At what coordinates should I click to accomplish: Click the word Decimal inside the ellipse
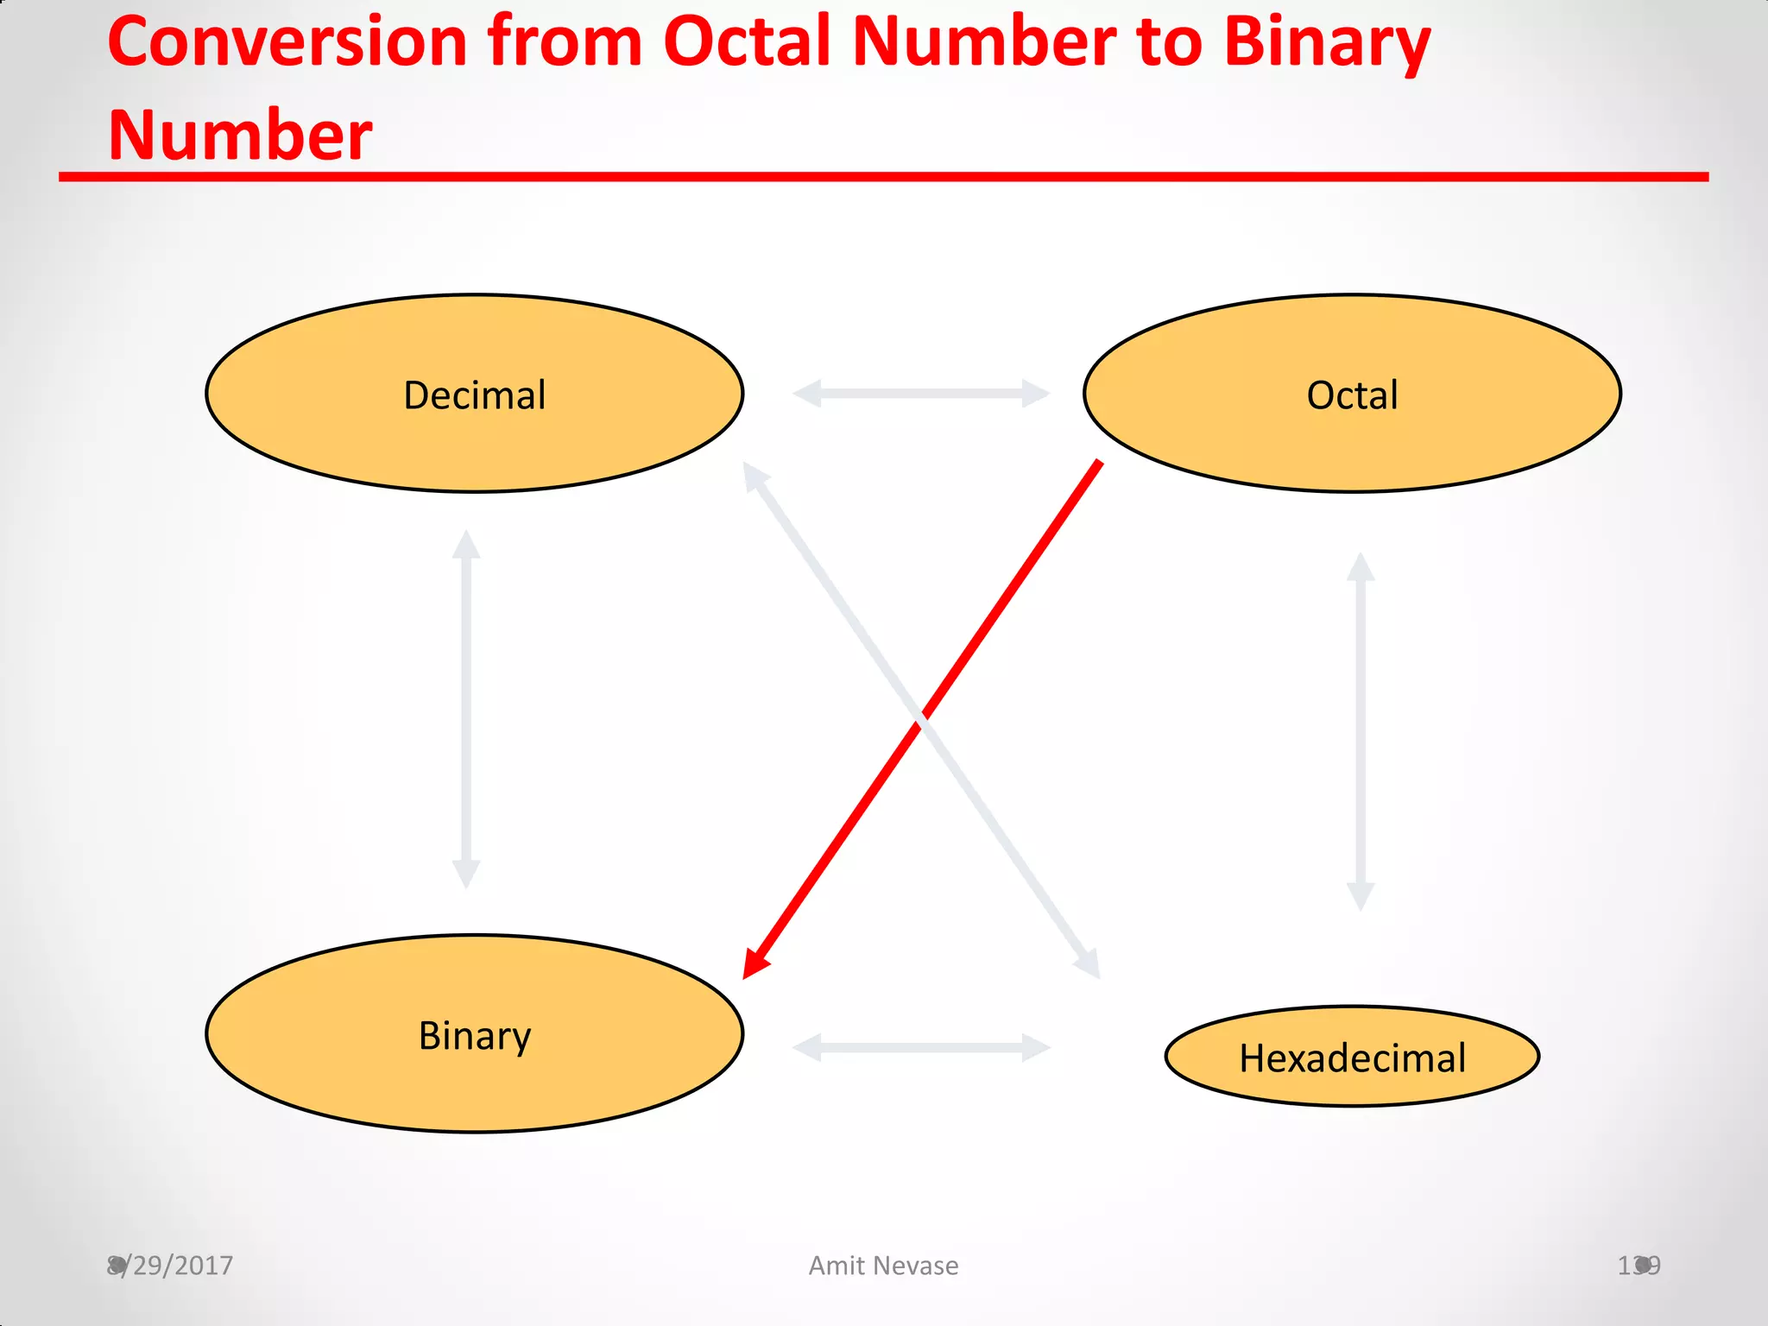[x=474, y=395]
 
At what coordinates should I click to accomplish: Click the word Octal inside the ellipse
[x=1352, y=395]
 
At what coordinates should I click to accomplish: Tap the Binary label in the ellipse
[x=474, y=1036]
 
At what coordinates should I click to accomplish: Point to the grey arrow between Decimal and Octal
[x=921, y=394]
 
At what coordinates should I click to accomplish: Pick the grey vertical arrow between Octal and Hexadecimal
[x=1361, y=732]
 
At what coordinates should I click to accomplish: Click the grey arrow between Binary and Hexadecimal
[x=921, y=1048]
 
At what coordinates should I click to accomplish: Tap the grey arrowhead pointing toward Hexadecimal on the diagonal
[x=1089, y=965]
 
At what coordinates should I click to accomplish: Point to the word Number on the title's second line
[x=240, y=136]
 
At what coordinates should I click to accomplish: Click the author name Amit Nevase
[x=883, y=1266]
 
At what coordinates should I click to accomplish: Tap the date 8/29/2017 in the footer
[x=170, y=1266]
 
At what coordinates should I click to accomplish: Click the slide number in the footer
[x=1638, y=1266]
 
